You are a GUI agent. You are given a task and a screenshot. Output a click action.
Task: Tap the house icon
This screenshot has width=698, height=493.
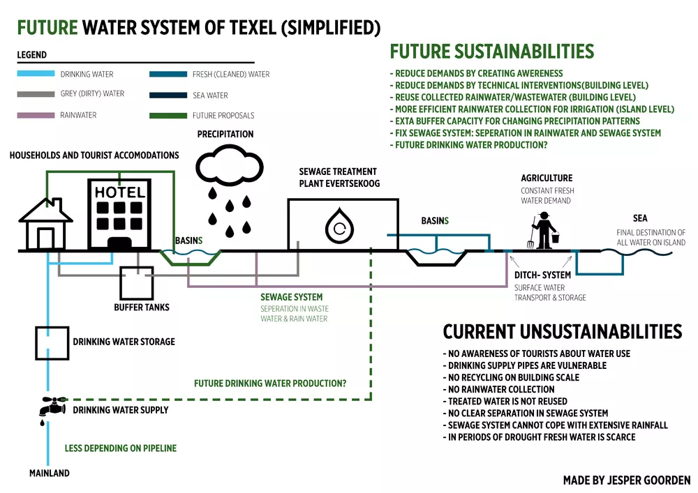point(46,225)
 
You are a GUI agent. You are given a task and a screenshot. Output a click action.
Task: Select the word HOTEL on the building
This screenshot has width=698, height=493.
point(120,192)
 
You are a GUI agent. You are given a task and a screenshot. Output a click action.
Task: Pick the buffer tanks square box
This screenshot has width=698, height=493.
point(137,283)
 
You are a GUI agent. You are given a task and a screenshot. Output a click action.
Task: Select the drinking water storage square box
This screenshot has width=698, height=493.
point(52,343)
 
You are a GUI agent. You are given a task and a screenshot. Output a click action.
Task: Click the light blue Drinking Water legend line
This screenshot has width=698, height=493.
point(36,74)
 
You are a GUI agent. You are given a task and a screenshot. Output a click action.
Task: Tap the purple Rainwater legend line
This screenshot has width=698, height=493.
point(36,115)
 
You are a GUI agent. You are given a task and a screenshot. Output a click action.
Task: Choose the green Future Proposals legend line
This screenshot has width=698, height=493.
point(167,115)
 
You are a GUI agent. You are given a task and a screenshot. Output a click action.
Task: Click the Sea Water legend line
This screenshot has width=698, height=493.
point(167,95)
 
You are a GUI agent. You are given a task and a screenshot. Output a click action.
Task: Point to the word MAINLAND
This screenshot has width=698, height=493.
point(50,473)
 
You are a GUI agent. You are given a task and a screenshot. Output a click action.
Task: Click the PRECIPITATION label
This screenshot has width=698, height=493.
point(225,134)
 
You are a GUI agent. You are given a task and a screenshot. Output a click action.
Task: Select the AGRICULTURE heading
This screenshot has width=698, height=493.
point(547,179)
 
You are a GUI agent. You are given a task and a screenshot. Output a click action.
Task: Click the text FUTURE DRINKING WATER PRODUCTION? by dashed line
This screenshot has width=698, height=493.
point(270,384)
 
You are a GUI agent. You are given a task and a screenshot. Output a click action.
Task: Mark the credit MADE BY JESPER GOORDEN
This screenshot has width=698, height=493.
point(626,480)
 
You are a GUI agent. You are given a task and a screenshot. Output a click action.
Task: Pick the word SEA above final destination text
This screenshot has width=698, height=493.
point(640,218)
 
